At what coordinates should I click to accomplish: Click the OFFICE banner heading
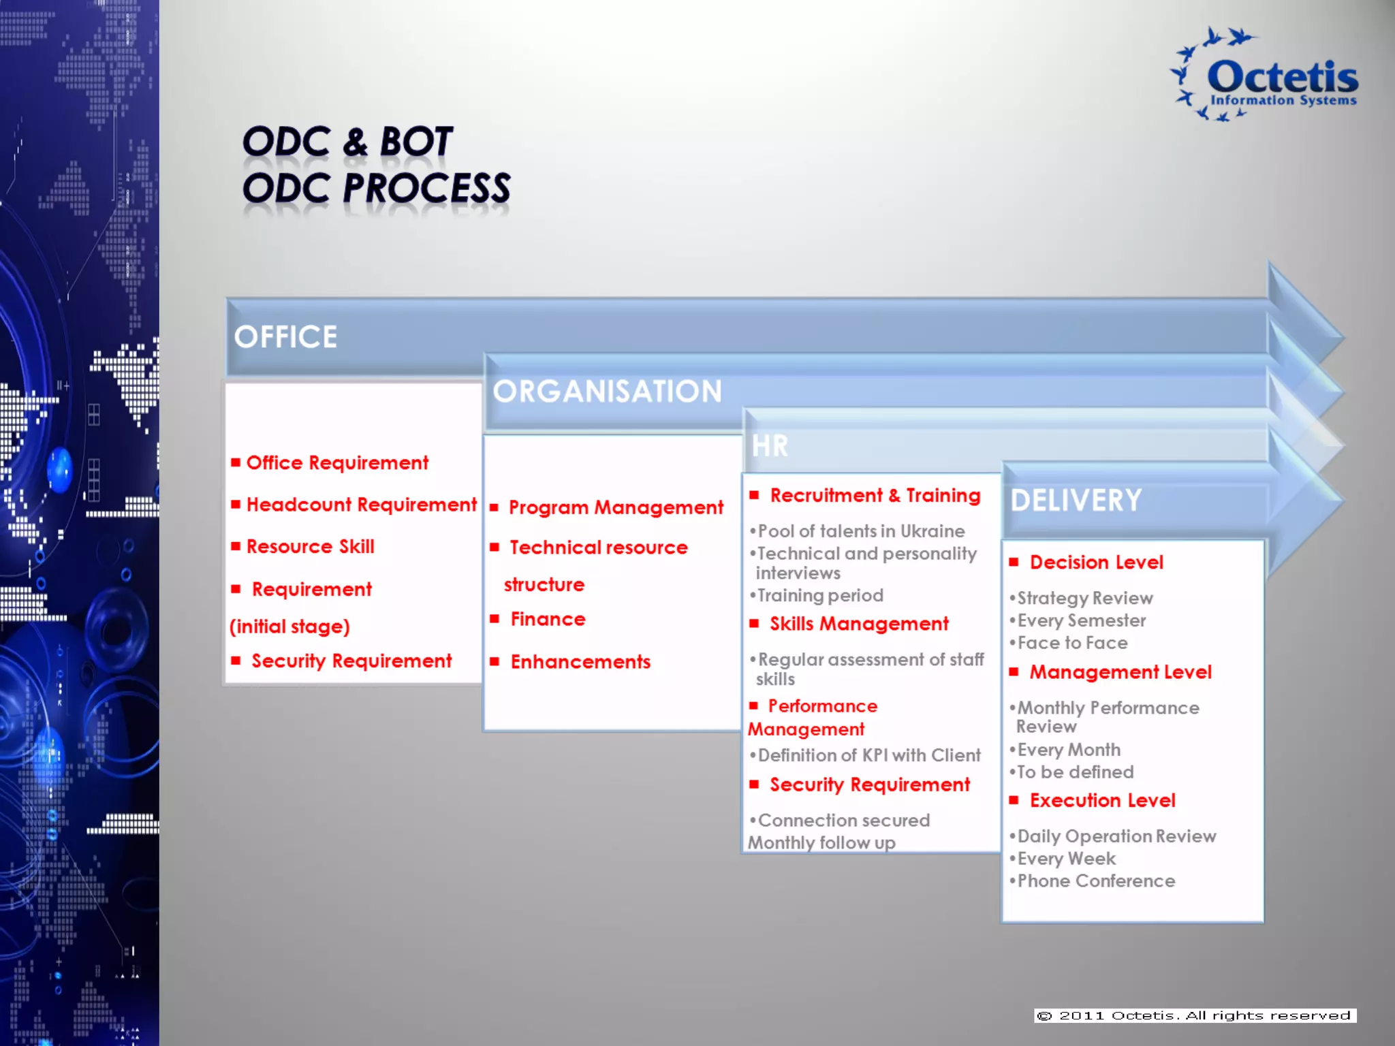[285, 337]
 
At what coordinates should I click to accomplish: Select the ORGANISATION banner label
[607, 392]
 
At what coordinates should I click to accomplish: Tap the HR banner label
[770, 447]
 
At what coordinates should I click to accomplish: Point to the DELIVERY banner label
[1076, 501]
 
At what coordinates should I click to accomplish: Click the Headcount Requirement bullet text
[361, 505]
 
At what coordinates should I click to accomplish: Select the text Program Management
[616, 507]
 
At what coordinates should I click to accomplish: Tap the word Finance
[548, 619]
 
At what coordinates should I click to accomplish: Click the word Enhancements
[580, 662]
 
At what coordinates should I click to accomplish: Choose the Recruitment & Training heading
[875, 496]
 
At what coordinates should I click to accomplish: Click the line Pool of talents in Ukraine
[861, 531]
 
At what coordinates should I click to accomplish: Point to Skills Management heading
[859, 624]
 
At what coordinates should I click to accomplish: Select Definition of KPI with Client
[868, 755]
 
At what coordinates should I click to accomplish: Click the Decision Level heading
[1096, 562]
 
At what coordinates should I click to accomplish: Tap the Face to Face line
[1072, 643]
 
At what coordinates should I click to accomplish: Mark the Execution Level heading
[1102, 801]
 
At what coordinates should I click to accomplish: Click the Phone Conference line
[1096, 881]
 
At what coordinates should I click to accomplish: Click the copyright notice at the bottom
[1195, 1015]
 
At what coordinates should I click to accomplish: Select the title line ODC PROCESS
[376, 189]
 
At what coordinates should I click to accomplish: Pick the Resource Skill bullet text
[310, 547]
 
